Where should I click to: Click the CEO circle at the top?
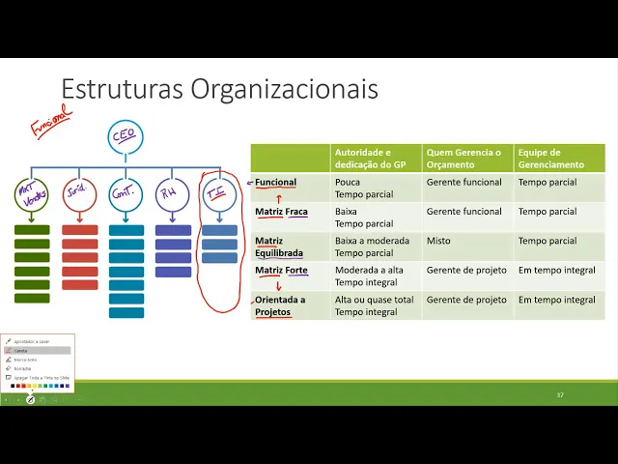125,136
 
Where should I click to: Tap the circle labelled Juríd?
79,194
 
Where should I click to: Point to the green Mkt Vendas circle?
32,194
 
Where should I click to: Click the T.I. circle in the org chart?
218,194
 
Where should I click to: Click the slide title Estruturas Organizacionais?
219,89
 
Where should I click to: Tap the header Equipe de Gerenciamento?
558,159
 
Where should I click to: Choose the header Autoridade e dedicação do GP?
376,159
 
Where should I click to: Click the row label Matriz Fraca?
281,212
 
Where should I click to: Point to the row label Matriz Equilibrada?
279,246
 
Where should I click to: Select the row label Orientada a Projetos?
280,305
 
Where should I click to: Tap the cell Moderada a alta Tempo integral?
371,276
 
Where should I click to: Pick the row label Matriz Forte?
281,271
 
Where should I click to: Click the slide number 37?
560,394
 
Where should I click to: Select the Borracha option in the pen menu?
22,368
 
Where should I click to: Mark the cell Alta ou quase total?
375,300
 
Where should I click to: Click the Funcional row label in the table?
276,182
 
